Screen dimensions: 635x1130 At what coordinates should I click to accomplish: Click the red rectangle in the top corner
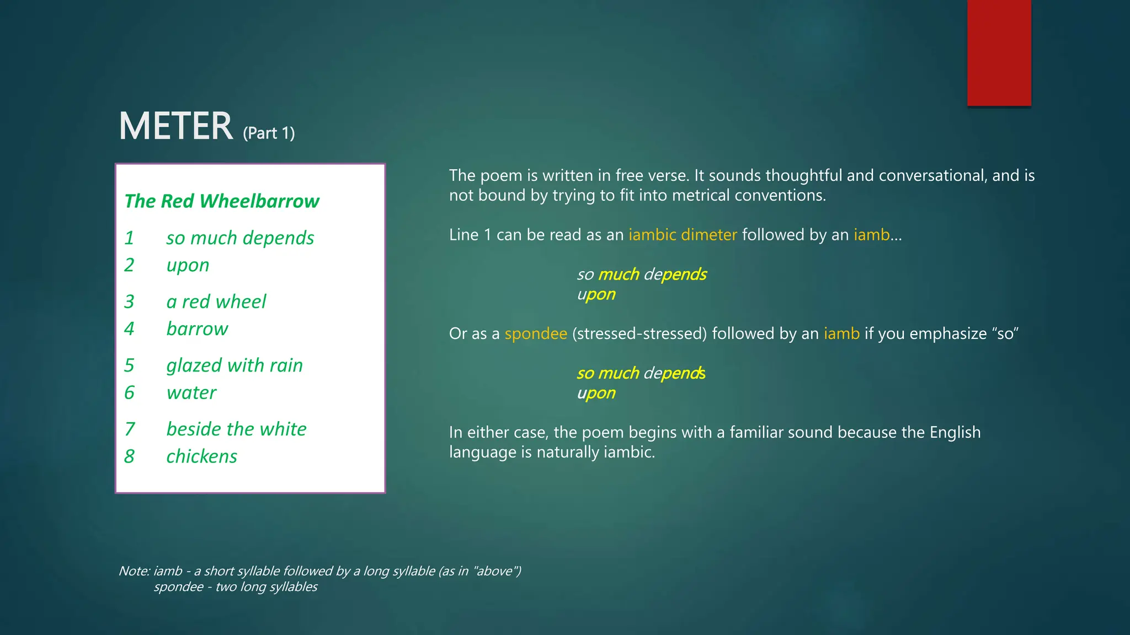click(x=999, y=53)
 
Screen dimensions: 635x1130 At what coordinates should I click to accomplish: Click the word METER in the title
click(x=176, y=126)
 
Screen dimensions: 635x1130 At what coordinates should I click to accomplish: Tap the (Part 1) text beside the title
click(x=269, y=133)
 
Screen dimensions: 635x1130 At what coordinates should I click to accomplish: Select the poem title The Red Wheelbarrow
click(x=222, y=201)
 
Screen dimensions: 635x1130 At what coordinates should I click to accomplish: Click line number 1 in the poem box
click(x=129, y=238)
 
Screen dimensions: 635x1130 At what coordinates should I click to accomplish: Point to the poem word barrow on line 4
click(x=197, y=329)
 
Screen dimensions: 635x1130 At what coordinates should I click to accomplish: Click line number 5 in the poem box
click(x=129, y=365)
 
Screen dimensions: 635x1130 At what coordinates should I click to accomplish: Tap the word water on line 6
click(x=191, y=392)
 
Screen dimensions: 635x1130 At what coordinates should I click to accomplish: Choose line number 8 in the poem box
click(x=129, y=456)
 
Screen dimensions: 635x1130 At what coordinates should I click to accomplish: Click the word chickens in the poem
click(x=201, y=456)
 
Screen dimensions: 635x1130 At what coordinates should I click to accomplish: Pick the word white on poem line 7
click(x=283, y=429)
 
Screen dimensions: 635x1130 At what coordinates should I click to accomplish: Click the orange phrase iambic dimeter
click(x=683, y=235)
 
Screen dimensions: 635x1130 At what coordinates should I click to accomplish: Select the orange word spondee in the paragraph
click(x=536, y=333)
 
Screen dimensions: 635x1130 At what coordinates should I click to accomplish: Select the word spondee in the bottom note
click(x=179, y=587)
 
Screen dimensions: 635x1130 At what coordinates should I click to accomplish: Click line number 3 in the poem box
click(x=129, y=302)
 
